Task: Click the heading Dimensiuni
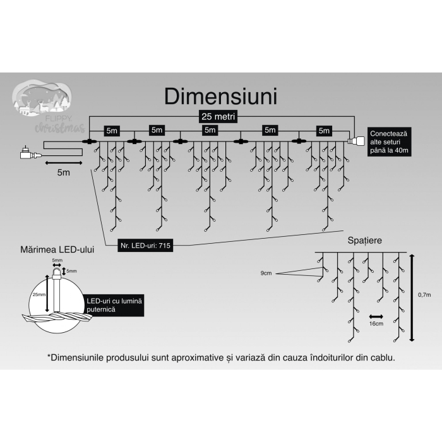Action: [220, 97]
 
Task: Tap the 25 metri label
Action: [216, 117]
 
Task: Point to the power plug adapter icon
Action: [27, 152]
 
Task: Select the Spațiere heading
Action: [364, 241]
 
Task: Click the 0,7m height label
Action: [424, 295]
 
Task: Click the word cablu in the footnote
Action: [381, 357]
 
